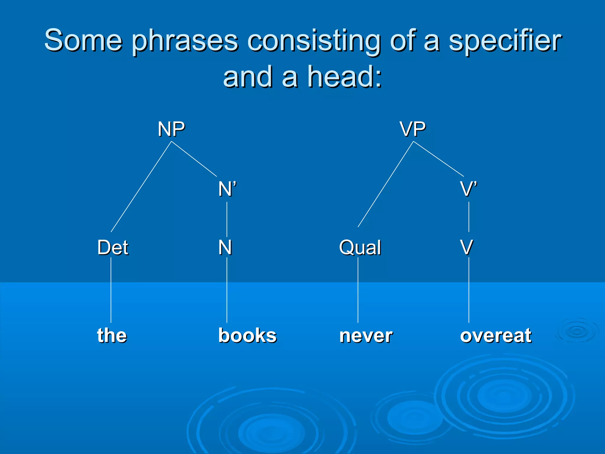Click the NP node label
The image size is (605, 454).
(x=171, y=129)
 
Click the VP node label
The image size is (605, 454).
(x=413, y=129)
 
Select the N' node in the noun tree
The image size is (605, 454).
(x=227, y=189)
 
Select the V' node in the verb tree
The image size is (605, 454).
(x=469, y=189)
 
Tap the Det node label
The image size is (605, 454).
(x=113, y=247)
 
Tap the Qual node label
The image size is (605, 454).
(x=360, y=247)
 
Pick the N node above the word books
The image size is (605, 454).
(x=225, y=247)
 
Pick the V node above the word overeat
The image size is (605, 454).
(x=467, y=247)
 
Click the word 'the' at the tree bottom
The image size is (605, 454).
(x=112, y=335)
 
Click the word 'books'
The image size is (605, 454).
(x=247, y=335)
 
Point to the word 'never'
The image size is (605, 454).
(x=366, y=336)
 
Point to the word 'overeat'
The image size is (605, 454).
(x=496, y=336)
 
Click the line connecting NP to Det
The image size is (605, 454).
(x=141, y=187)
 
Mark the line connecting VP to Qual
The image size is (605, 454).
(x=386, y=184)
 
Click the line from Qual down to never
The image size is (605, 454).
(x=358, y=290)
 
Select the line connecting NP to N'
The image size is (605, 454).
(x=194, y=159)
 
